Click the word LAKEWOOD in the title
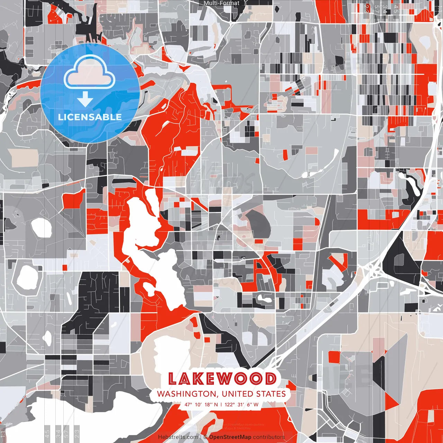tap(222, 379)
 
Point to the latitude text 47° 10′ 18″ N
tap(201, 404)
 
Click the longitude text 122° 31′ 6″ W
tap(242, 404)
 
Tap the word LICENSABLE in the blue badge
tap(90, 117)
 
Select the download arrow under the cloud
tap(85, 99)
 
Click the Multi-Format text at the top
tap(221, 3)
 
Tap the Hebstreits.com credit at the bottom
tap(178, 437)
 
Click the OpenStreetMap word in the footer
tap(230, 437)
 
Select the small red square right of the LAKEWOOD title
tap(334, 357)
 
